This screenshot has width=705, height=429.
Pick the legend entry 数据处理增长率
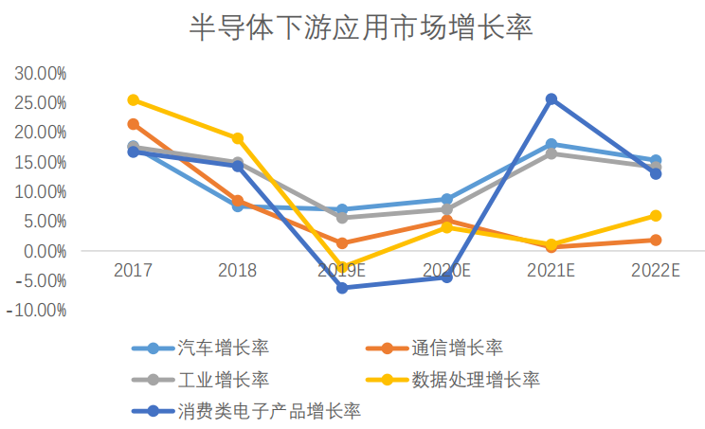(476, 380)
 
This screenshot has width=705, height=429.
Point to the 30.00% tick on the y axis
(40, 73)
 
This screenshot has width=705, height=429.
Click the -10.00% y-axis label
(37, 311)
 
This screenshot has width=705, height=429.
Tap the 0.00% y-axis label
(44, 251)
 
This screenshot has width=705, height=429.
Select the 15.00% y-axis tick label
(40, 162)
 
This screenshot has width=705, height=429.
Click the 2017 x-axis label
(133, 271)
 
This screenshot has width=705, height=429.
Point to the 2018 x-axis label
(238, 271)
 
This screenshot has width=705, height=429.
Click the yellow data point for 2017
(134, 99)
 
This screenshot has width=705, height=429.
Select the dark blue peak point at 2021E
(551, 99)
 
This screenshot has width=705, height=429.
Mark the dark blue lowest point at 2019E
(342, 288)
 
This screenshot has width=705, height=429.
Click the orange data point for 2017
(134, 124)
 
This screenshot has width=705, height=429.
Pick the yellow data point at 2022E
(656, 216)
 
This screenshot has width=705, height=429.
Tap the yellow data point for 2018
(238, 138)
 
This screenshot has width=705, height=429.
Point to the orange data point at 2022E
(656, 241)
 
